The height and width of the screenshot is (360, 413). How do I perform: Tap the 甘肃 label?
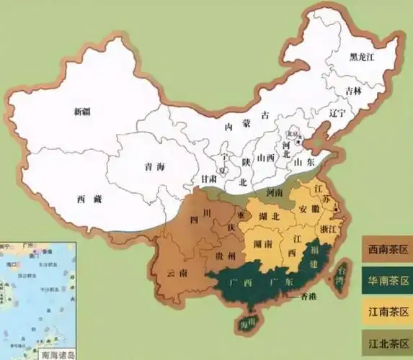pos(210,179)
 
